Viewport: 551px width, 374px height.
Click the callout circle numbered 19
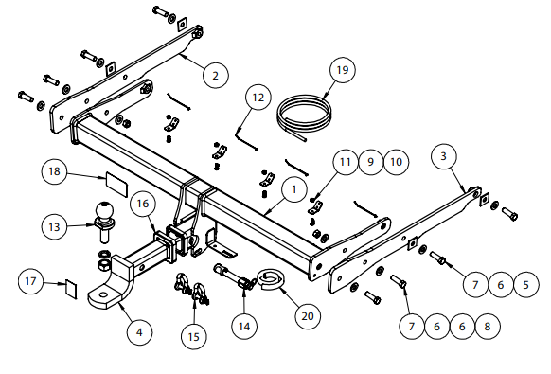(x=343, y=70)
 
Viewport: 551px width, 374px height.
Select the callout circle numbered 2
(x=216, y=75)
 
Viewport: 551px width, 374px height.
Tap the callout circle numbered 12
(x=258, y=97)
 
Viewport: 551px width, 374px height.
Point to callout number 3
(x=443, y=156)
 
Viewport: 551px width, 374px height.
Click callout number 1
(x=294, y=189)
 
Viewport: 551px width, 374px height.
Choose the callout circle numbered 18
(x=54, y=171)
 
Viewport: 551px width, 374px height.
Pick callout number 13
(x=54, y=226)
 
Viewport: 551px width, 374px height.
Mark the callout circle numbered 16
(x=142, y=204)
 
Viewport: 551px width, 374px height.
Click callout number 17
(x=31, y=281)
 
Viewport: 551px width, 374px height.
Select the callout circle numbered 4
(x=139, y=332)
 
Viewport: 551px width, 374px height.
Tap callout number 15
(x=194, y=337)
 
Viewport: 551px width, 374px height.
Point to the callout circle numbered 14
(x=244, y=327)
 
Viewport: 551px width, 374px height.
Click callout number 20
(x=308, y=316)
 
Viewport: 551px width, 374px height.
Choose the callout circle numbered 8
(x=487, y=327)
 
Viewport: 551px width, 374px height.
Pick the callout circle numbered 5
(x=525, y=284)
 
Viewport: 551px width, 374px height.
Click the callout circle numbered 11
(x=346, y=162)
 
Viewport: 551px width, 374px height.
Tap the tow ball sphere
(x=105, y=211)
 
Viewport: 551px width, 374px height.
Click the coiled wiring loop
(x=304, y=116)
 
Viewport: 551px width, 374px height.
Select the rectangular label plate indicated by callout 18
(x=116, y=184)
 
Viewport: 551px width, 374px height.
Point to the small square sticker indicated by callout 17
(x=71, y=290)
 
